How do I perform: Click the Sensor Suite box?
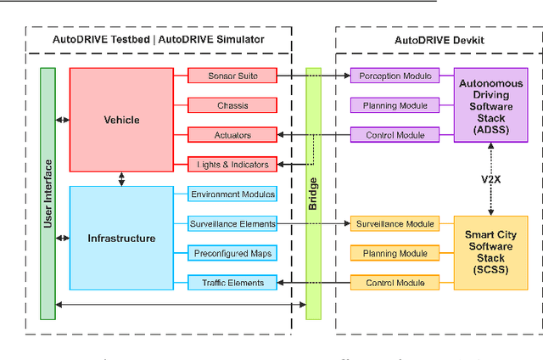pyautogui.click(x=232, y=76)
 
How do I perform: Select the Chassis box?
pyautogui.click(x=232, y=106)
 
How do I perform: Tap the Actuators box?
pyautogui.click(x=232, y=135)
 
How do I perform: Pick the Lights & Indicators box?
pyautogui.click(x=232, y=164)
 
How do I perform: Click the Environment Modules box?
pyautogui.click(x=232, y=194)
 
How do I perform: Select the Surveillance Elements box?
pyautogui.click(x=232, y=224)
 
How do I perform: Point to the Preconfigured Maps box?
pyautogui.click(x=232, y=253)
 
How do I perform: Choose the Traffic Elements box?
pyautogui.click(x=232, y=283)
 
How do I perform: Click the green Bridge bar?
pyautogui.click(x=313, y=194)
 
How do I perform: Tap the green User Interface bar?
pyautogui.click(x=48, y=194)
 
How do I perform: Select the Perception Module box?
pyautogui.click(x=395, y=76)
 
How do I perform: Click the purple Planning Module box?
pyautogui.click(x=395, y=105)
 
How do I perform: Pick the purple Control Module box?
pyautogui.click(x=395, y=135)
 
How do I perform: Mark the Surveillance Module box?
pyautogui.click(x=395, y=224)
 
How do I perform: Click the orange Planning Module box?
pyautogui.click(x=395, y=253)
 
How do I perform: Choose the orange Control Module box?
pyautogui.click(x=395, y=283)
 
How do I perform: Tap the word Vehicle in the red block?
pyautogui.click(x=121, y=120)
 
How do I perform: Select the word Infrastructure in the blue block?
pyautogui.click(x=121, y=239)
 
